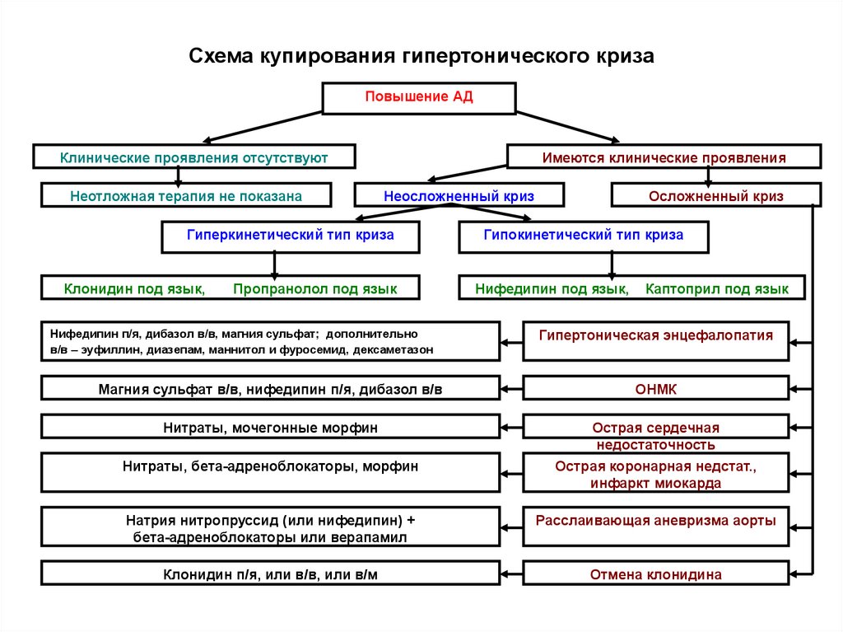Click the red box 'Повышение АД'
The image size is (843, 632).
coord(419,97)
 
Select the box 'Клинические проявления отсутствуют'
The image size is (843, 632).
coord(194,157)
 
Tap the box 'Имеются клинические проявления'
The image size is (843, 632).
coord(664,157)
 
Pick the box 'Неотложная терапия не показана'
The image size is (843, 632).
coord(186,196)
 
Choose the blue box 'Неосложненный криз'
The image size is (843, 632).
coord(459,196)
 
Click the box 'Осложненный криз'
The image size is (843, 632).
coord(715,196)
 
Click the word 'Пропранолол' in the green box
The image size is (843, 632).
coord(270,288)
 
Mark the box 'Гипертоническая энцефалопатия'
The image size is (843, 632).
coord(656,336)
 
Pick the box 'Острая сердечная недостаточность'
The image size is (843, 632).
coord(656,436)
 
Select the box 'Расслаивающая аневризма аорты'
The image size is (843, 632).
coord(656,521)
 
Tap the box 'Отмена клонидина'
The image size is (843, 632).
coord(656,574)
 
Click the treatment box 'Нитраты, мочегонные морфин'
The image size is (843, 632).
coord(271,428)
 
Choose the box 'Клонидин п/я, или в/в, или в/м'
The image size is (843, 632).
coord(271,574)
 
